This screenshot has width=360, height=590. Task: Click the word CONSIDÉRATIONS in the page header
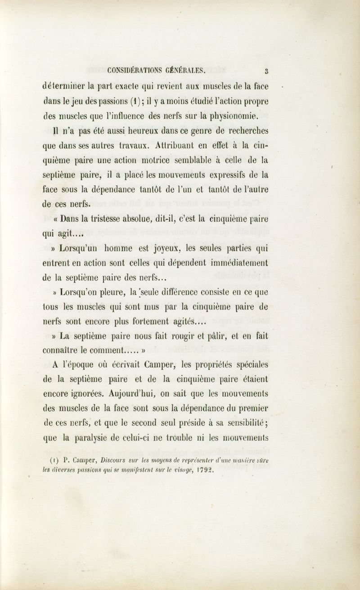coord(135,70)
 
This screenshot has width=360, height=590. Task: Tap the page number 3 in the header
coord(267,70)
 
